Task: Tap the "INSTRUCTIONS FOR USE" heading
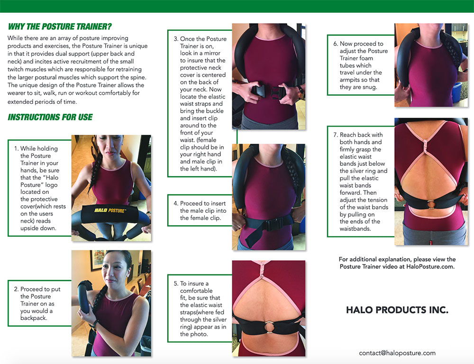pos(50,117)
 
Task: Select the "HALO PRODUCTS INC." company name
pos(397,310)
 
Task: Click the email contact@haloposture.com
pos(397,353)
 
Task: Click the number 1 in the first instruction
pos(16,148)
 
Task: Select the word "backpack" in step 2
pos(34,318)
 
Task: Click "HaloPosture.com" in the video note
pos(430,267)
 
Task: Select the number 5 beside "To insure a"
pos(176,283)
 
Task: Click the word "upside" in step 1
pos(31,228)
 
